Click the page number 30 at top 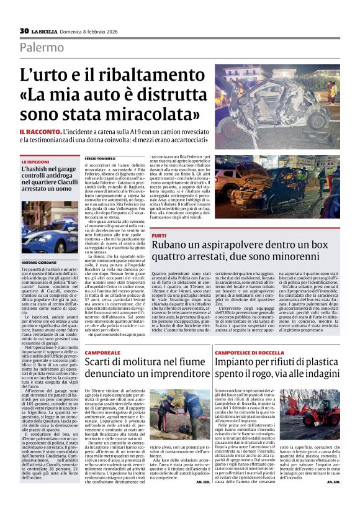point(24,30)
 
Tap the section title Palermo point(41,47)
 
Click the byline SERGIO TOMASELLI point(100,160)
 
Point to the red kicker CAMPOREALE point(102,352)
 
